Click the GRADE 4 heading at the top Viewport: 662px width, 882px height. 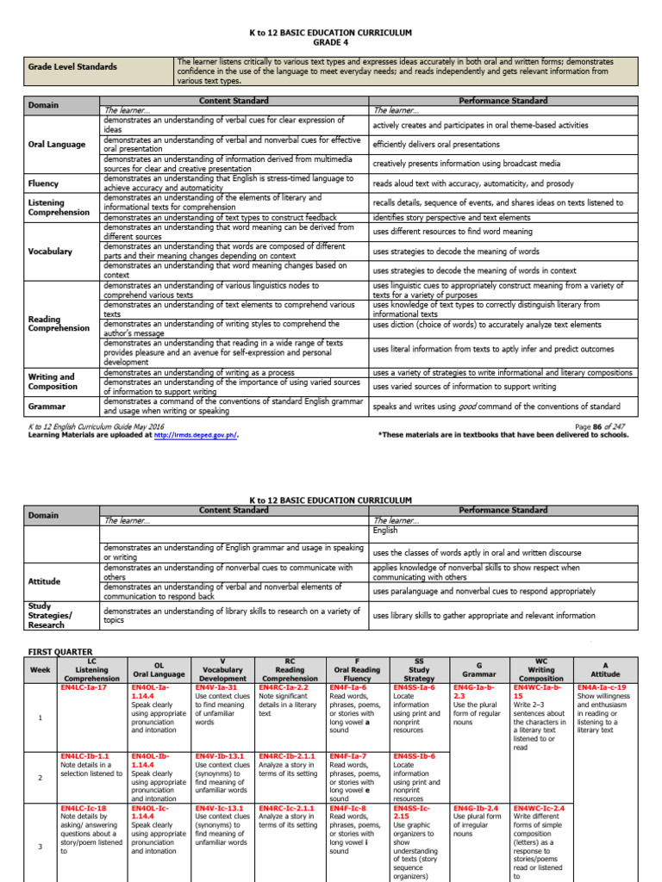331,42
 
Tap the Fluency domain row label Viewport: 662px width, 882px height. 44,183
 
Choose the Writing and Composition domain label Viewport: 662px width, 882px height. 52,382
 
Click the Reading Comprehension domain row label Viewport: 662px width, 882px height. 59,323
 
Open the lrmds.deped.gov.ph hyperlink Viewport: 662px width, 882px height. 195,435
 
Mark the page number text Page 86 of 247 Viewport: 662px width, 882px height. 601,426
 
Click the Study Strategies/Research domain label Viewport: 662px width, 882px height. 52,615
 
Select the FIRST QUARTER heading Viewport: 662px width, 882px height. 60,651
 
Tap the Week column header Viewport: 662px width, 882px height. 41,669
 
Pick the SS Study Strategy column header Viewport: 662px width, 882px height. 418,669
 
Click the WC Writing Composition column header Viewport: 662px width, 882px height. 541,669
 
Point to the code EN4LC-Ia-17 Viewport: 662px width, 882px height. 84,687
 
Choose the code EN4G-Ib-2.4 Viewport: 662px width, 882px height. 476,809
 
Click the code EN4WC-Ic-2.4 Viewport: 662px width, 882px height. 540,809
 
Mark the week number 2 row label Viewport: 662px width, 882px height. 41,777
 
